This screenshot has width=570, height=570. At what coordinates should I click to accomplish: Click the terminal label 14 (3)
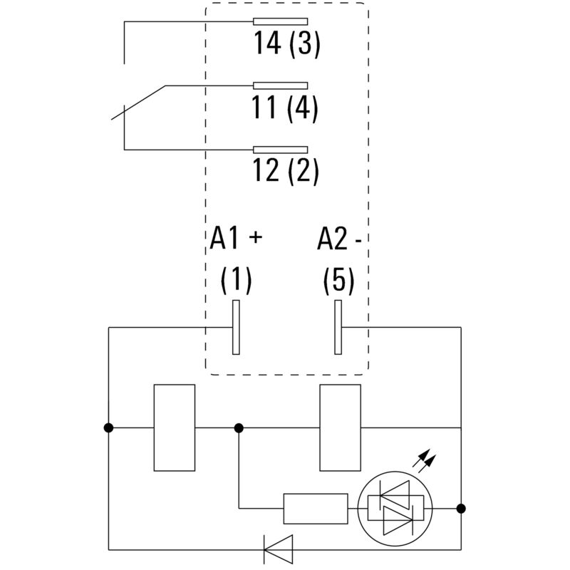tap(287, 43)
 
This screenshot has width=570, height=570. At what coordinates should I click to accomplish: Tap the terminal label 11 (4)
tap(285, 108)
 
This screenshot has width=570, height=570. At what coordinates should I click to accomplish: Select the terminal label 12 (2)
tap(286, 171)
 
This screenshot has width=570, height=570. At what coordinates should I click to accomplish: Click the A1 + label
tap(236, 239)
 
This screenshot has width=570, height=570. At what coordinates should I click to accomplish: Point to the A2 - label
tap(340, 239)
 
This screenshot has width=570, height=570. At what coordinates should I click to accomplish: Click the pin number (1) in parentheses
tap(237, 280)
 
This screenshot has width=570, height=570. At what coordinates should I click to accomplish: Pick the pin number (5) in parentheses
tap(339, 280)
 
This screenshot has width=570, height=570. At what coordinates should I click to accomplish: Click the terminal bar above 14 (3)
tap(280, 21)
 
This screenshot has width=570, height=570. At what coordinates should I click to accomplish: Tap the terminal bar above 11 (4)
tap(280, 85)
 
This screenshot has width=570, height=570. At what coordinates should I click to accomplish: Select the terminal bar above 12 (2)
tap(280, 150)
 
